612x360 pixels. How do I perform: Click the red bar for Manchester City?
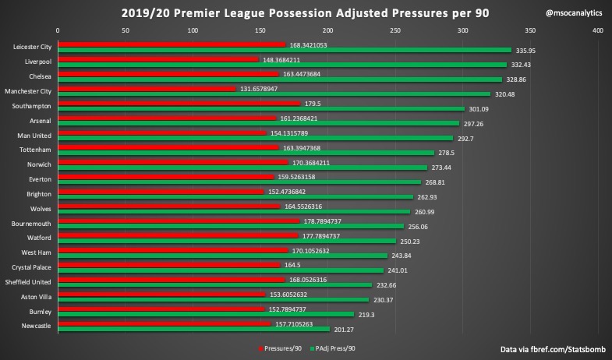coord(147,88)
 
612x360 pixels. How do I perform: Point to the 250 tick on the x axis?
coord(395,31)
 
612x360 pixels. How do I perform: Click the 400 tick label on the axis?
coord(598,31)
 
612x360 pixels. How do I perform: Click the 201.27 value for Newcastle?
coord(344,329)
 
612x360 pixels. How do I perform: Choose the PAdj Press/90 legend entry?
coord(336,348)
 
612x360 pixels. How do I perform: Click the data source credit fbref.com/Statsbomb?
coord(550,349)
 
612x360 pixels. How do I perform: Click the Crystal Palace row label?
coord(29,267)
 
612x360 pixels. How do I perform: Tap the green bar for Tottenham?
coord(246,153)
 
